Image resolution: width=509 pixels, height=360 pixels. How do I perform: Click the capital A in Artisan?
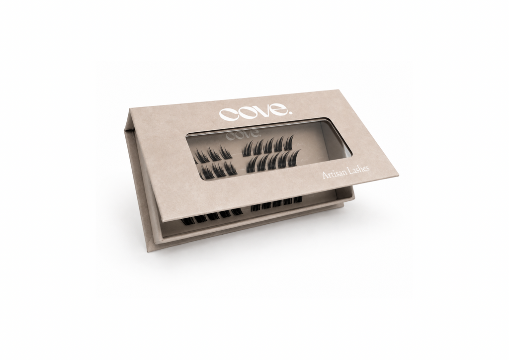pos(326,176)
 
